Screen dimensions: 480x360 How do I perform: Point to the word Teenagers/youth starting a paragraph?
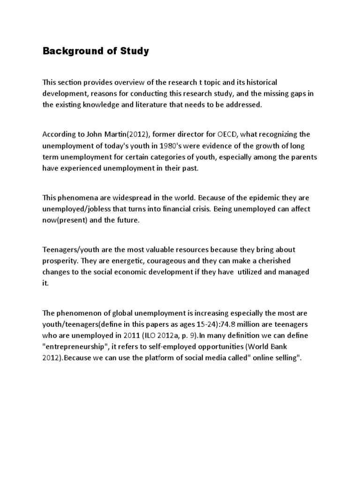click(x=70, y=249)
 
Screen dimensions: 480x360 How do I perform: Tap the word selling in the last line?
click(x=291, y=358)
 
